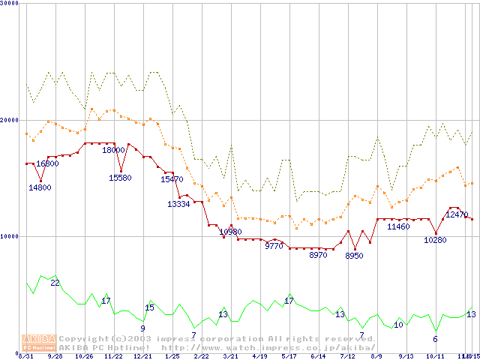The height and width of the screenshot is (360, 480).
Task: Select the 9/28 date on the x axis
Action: click(55, 357)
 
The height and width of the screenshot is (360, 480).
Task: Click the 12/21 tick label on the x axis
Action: click(142, 357)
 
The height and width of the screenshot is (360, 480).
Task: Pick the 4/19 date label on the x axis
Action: click(259, 357)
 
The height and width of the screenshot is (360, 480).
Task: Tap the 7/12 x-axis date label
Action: click(347, 357)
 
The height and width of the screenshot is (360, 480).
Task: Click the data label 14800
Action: click(40, 187)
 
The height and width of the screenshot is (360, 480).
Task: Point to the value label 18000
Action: click(114, 150)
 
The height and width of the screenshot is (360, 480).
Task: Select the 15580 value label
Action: click(120, 178)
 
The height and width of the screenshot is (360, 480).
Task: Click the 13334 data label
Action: click(178, 204)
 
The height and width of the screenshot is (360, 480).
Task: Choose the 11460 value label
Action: click(398, 226)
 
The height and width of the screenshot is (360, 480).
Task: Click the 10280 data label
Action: click(435, 240)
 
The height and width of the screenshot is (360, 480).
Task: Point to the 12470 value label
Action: click(457, 214)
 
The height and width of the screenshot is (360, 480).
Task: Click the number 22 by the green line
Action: click(55, 283)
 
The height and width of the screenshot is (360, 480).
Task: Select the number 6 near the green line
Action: click(435, 339)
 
